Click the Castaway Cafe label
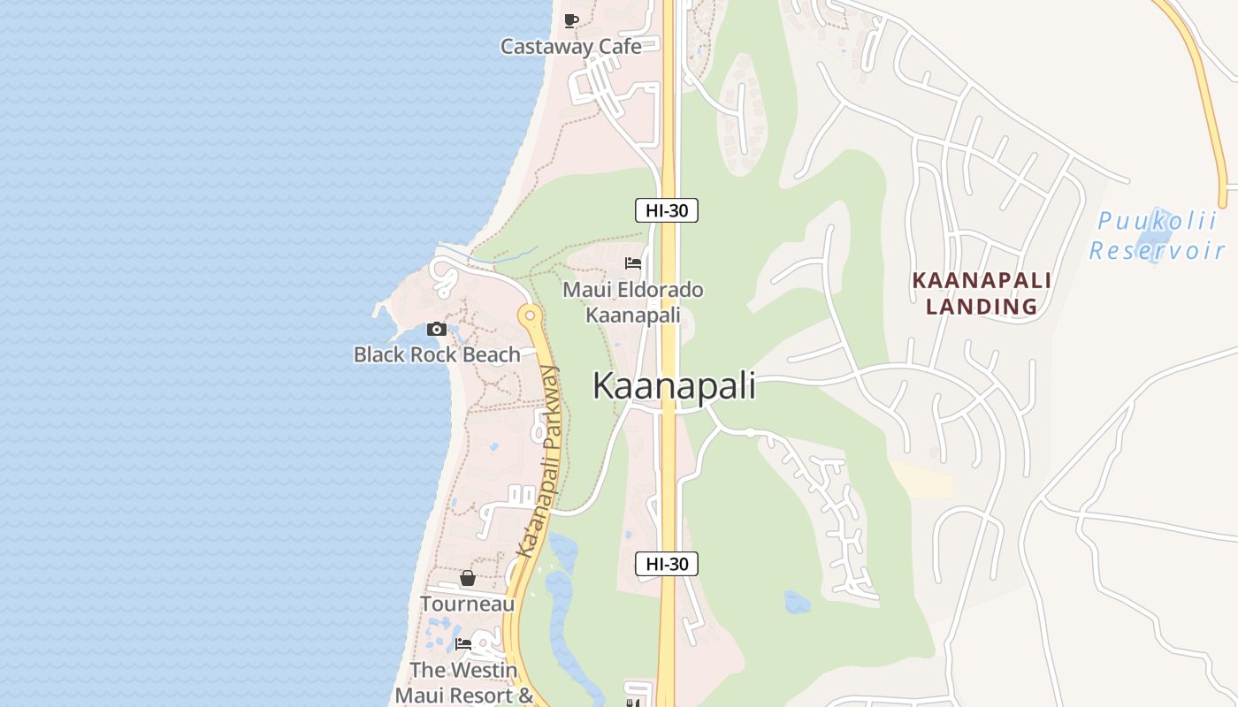tap(570, 46)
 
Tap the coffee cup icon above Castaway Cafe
tap(571, 20)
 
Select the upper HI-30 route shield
tap(667, 210)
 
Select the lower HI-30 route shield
tap(667, 564)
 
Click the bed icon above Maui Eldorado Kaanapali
tap(632, 263)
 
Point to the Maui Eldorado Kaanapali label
tap(633, 302)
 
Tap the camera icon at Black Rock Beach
tap(436, 329)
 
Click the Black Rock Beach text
tap(437, 354)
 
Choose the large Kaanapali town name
tap(674, 386)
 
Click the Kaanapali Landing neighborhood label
tap(982, 293)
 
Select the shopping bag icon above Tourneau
tap(467, 578)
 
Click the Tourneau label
tap(467, 604)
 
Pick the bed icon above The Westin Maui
tap(463, 644)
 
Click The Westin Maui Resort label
tap(463, 682)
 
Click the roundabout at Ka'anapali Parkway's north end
tap(530, 315)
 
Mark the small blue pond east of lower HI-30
tap(797, 603)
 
